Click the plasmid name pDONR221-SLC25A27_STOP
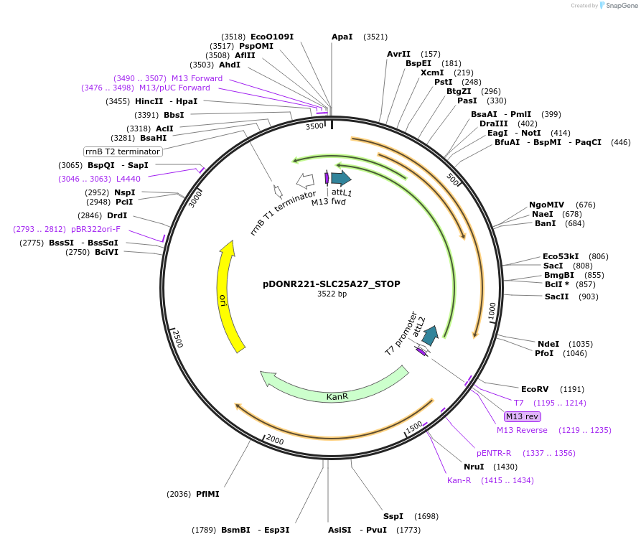point(332,284)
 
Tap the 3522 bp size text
point(332,294)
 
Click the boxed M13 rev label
point(522,416)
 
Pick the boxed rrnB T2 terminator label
point(123,151)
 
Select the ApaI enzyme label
point(342,37)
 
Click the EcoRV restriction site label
point(534,389)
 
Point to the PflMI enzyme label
point(207,494)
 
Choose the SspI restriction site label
point(393,516)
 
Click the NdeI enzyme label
point(548,344)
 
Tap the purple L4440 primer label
point(128,178)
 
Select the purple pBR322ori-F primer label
point(95,229)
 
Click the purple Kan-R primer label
point(459,480)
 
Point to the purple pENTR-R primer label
point(494,453)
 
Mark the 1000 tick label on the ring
point(492,312)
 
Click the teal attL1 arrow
point(341,177)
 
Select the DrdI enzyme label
point(117,215)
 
